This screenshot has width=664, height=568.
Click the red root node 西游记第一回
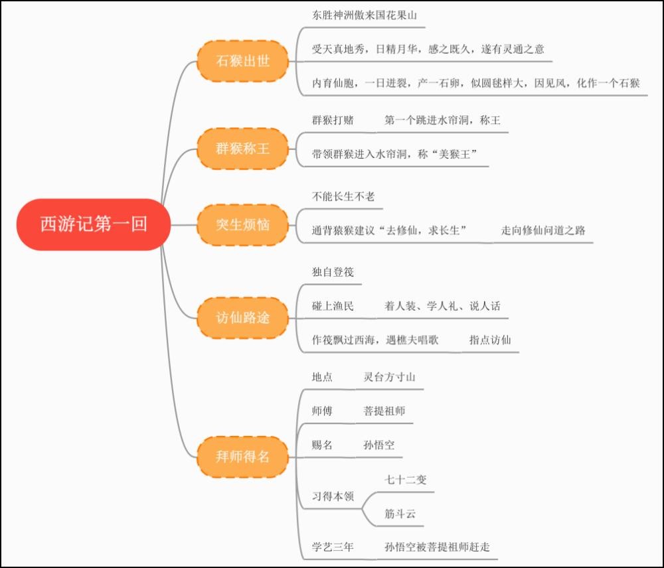[94, 225]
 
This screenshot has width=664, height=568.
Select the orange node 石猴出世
[243, 62]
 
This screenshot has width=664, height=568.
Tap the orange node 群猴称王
[243, 149]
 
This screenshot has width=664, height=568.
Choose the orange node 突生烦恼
[243, 225]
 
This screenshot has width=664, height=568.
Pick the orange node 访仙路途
[243, 319]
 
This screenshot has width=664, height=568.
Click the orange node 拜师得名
[243, 457]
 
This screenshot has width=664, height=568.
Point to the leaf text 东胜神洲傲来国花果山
[365, 15]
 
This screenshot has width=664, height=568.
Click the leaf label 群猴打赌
[333, 120]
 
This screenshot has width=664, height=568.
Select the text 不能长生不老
[343, 196]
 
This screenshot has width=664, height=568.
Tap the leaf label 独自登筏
[333, 272]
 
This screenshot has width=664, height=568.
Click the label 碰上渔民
[333, 306]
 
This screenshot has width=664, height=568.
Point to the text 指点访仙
[490, 340]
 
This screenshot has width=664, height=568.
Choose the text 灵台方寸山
[389, 377]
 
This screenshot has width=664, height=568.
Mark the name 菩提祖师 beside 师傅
[384, 411]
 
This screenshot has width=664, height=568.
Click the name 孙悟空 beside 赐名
[379, 445]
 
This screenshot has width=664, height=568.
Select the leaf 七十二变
[405, 480]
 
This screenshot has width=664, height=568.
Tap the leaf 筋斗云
[400, 514]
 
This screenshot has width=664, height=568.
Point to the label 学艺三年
[333, 547]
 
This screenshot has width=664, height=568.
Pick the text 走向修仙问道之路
[543, 230]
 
